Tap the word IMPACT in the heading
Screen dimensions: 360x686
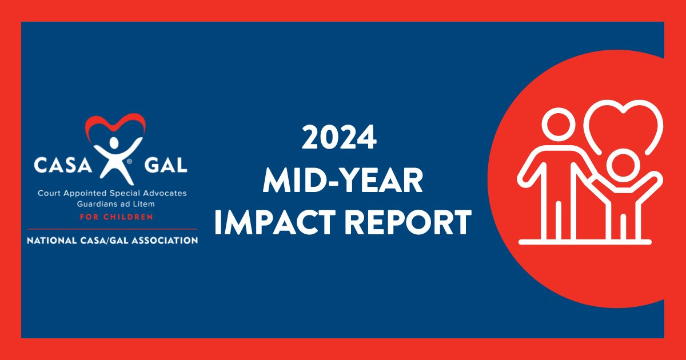pyautogui.click(x=273, y=223)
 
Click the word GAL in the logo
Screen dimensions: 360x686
pyautogui.click(x=166, y=166)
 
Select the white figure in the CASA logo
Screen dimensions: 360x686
pyautogui.click(x=114, y=157)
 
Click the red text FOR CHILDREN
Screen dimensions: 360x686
pyautogui.click(x=112, y=217)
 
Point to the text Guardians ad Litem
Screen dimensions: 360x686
pyautogui.click(x=112, y=204)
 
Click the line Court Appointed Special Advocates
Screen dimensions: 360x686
pyautogui.click(x=112, y=194)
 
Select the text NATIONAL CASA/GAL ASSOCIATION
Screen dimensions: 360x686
pyautogui.click(x=112, y=241)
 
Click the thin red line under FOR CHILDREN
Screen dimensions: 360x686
pyautogui.click(x=112, y=229)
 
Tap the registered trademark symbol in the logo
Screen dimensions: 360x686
pyautogui.click(x=130, y=162)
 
